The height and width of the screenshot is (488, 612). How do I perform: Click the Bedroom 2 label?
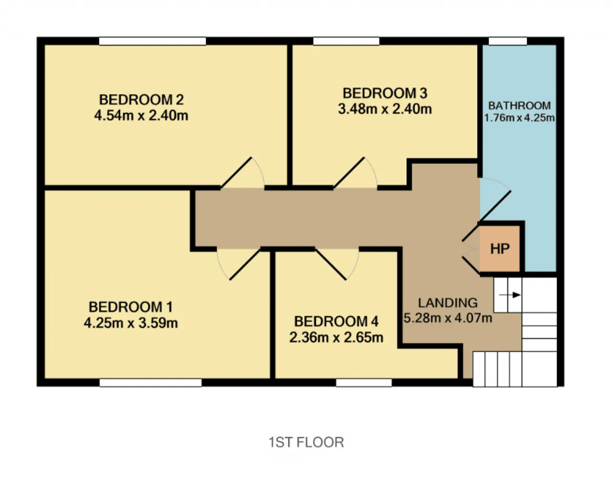pyautogui.click(x=142, y=100)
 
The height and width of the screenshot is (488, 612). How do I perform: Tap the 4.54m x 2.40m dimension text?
pyautogui.click(x=142, y=116)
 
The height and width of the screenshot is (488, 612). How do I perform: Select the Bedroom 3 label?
pyautogui.click(x=385, y=93)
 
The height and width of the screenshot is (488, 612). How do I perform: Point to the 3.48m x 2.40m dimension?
pyautogui.click(x=385, y=109)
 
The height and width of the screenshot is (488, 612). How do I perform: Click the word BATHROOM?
pyautogui.click(x=520, y=106)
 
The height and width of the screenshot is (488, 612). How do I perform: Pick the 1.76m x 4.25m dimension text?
pyautogui.click(x=519, y=118)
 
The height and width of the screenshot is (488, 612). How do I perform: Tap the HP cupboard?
pyautogui.click(x=500, y=249)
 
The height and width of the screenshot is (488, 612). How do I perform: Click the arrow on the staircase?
pyautogui.click(x=510, y=295)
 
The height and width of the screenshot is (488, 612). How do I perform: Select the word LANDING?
pyautogui.click(x=448, y=303)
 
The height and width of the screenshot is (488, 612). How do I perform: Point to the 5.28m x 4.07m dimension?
pyautogui.click(x=448, y=318)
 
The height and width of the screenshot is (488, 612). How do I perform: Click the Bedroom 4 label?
pyautogui.click(x=337, y=322)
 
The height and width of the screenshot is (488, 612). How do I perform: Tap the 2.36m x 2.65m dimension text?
pyautogui.click(x=337, y=337)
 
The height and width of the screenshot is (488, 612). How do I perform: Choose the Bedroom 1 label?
pyautogui.click(x=131, y=307)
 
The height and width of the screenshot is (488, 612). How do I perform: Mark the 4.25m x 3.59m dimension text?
pyautogui.click(x=131, y=323)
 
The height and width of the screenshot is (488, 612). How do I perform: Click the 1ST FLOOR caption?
pyautogui.click(x=306, y=443)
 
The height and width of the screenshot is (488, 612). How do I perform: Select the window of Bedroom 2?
pyautogui.click(x=153, y=41)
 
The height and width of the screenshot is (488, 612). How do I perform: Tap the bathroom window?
pyautogui.click(x=508, y=41)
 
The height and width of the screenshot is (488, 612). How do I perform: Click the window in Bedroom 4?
pyautogui.click(x=364, y=383)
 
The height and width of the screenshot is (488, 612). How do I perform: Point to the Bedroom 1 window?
pyautogui.click(x=151, y=383)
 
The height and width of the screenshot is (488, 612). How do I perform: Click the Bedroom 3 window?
pyautogui.click(x=346, y=41)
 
